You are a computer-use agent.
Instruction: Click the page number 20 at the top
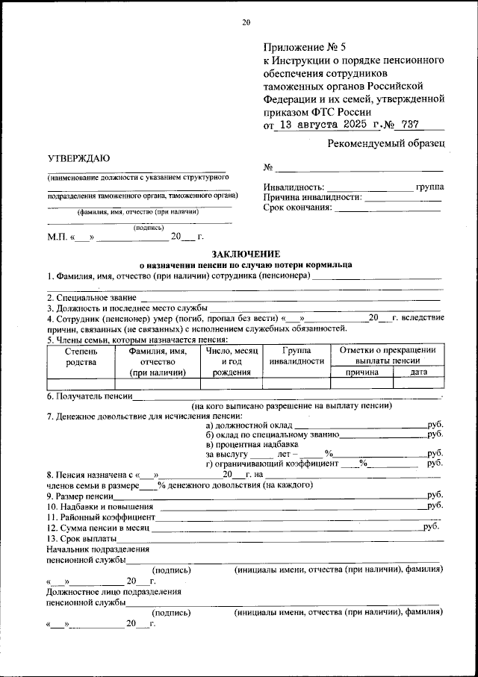(246, 22)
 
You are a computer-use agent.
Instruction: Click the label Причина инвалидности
(312, 197)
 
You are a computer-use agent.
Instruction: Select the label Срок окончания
(297, 208)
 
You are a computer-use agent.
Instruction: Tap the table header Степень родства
(81, 355)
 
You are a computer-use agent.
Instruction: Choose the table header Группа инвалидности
(294, 355)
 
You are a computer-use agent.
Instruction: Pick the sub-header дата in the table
(418, 372)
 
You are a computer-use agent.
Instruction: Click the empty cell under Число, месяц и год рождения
(231, 384)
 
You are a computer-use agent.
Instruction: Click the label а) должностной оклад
(243, 424)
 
